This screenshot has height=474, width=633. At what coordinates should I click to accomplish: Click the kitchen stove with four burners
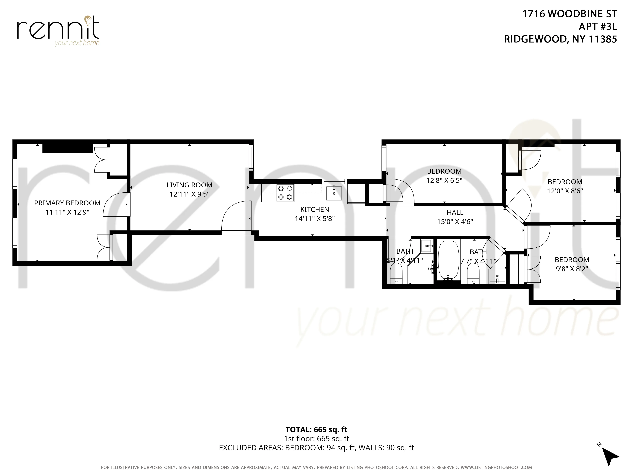[x=285, y=193]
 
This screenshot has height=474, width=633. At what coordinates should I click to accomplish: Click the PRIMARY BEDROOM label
[x=67, y=203]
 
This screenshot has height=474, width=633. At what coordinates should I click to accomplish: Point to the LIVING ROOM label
[x=189, y=185]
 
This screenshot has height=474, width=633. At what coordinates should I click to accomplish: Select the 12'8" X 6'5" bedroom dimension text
[x=444, y=181]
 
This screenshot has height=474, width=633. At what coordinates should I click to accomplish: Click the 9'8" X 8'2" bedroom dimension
[x=572, y=269]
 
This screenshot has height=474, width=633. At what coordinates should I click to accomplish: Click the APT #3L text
[x=598, y=27]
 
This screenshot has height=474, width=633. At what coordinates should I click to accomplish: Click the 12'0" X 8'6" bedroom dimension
[x=565, y=191]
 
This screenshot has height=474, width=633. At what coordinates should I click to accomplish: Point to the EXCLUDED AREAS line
[x=316, y=448]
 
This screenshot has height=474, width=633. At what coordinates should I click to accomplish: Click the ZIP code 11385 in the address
[x=603, y=39]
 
